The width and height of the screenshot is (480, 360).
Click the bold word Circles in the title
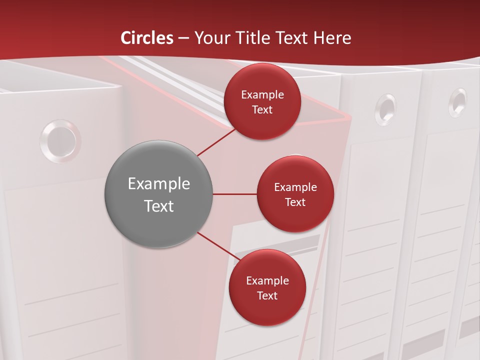pyautogui.click(x=147, y=38)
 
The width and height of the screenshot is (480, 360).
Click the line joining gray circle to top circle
pyautogui.click(x=216, y=141)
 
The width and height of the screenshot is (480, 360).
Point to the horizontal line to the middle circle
pyautogui.click(x=234, y=194)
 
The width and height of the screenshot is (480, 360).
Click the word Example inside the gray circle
pyautogui.click(x=159, y=184)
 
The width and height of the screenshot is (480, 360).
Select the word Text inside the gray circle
pyautogui.click(x=159, y=206)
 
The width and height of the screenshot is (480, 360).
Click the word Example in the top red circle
pyautogui.click(x=262, y=95)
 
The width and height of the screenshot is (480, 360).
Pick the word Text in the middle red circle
pyautogui.click(x=295, y=202)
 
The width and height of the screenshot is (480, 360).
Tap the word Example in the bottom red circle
pyautogui.click(x=267, y=281)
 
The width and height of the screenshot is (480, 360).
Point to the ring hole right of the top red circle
pyautogui.click(x=385, y=108)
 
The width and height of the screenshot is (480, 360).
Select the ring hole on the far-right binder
pyautogui.click(x=457, y=102)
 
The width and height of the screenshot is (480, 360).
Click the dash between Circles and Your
pyautogui.click(x=183, y=38)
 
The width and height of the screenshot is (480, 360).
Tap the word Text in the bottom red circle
pyautogui.click(x=267, y=296)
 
